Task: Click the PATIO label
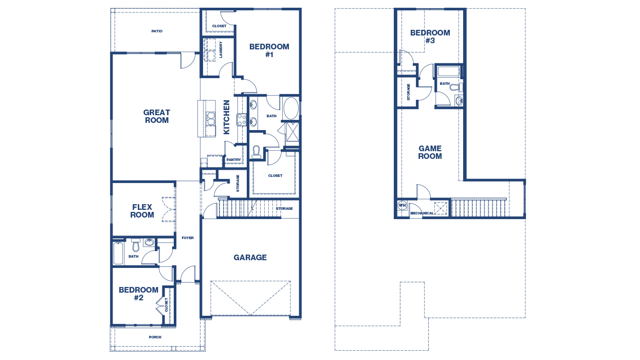click(157, 31)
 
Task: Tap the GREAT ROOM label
click(157, 116)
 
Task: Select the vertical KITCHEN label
click(227, 117)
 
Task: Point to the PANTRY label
click(233, 160)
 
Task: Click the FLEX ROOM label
click(142, 211)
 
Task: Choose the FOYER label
click(188, 238)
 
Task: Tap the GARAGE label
click(250, 258)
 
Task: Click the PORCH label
click(155, 337)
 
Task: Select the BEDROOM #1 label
click(269, 50)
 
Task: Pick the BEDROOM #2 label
click(139, 294)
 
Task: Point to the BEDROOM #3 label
click(430, 37)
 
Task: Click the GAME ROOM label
click(430, 152)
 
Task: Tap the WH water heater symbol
click(402, 206)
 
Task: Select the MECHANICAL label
click(422, 213)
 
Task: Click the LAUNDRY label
click(221, 50)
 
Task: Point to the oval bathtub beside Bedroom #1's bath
click(291, 109)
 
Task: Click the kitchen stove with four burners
click(242, 119)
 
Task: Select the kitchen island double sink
click(211, 119)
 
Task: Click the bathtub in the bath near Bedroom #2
click(118, 254)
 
